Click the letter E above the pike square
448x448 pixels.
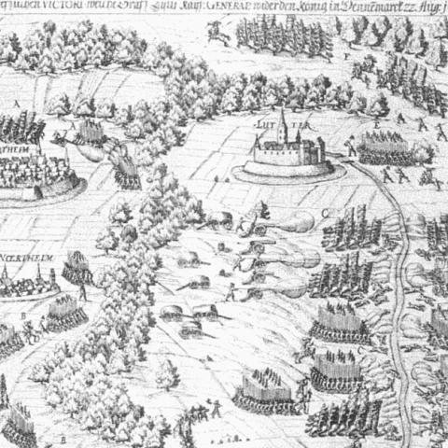[x=376, y=122]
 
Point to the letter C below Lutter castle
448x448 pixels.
[x=326, y=213]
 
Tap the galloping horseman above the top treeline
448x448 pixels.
[x=220, y=35]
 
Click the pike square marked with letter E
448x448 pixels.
[x=384, y=147]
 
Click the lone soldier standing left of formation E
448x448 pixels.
[x=350, y=147]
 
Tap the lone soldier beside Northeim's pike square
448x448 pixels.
[x=83, y=292]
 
